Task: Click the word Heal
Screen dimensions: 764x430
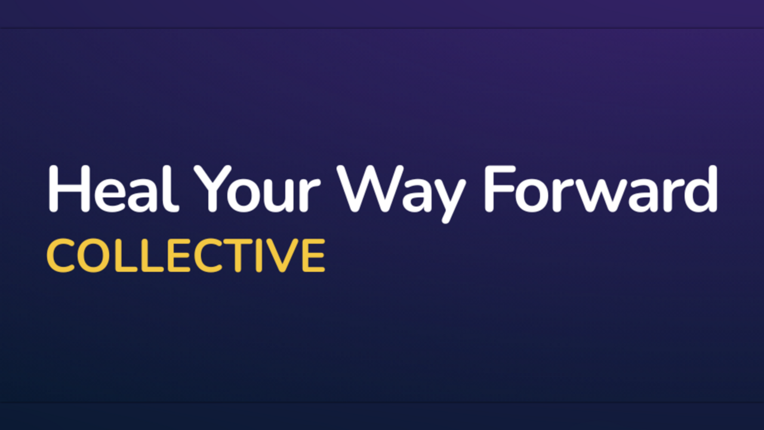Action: (113, 189)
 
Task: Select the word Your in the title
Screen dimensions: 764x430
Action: (257, 189)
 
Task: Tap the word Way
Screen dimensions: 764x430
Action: (401, 194)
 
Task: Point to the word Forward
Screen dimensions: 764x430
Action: (601, 189)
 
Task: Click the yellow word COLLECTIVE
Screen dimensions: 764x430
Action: (186, 256)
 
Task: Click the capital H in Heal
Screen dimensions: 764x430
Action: (69, 189)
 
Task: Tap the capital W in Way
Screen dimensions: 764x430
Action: (370, 189)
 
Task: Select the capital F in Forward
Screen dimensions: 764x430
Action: (500, 189)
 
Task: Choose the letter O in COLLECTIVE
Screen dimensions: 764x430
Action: (93, 256)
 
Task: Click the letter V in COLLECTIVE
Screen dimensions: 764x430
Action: (283, 256)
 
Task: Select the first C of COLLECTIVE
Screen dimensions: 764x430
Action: (60, 256)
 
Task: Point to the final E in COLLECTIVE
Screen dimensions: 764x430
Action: (315, 256)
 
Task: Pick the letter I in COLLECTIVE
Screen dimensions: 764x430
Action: (259, 256)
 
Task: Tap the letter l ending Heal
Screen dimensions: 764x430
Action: (174, 189)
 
